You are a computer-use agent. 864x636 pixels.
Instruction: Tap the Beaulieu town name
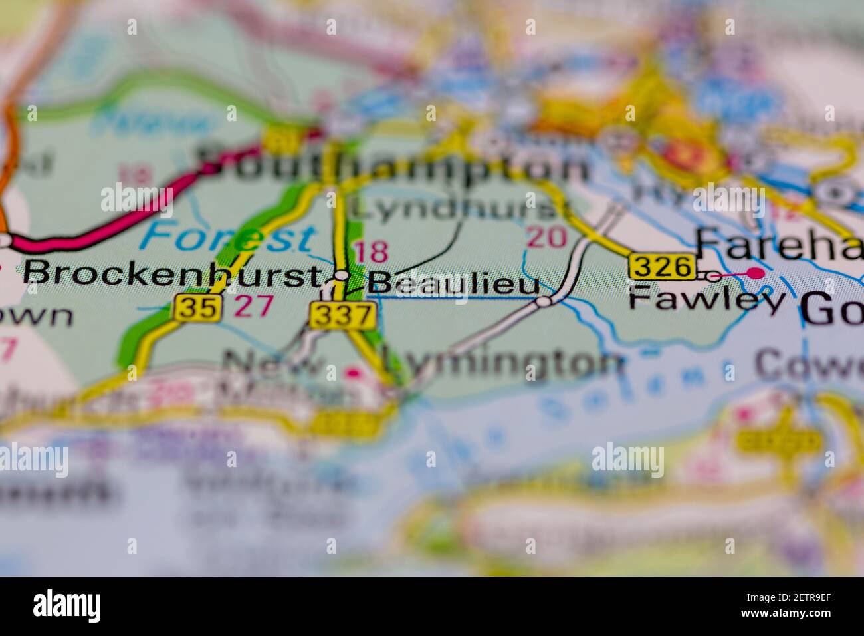(455, 283)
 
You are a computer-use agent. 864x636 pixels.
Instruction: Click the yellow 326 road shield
(663, 267)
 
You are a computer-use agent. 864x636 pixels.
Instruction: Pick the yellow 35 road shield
(199, 308)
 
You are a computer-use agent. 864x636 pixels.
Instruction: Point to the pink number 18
(371, 253)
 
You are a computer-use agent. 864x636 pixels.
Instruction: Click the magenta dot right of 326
(755, 273)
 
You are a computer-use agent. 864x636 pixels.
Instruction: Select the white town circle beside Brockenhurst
(342, 275)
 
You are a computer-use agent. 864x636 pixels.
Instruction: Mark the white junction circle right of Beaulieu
(544, 302)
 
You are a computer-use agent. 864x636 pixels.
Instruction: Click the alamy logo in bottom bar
(67, 606)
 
